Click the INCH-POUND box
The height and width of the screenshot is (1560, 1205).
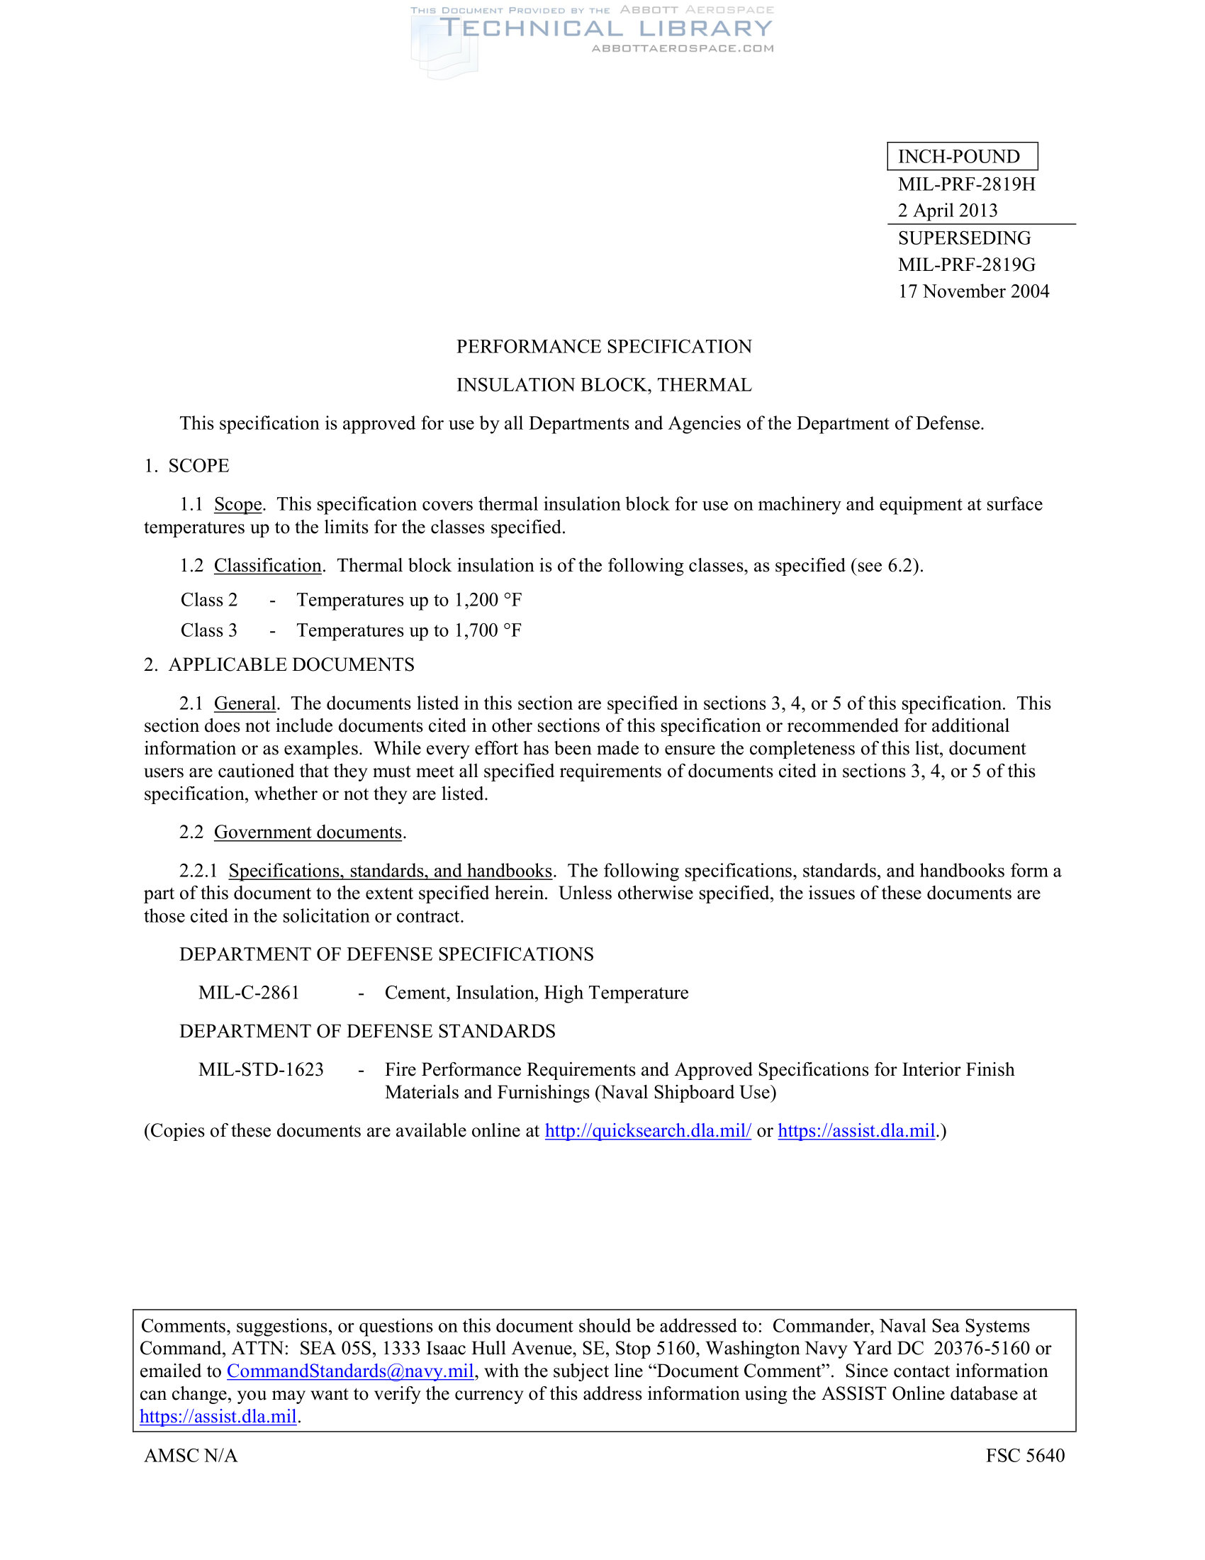pos(962,157)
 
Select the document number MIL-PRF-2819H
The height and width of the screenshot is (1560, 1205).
pos(966,184)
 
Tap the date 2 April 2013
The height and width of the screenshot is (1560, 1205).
pos(947,211)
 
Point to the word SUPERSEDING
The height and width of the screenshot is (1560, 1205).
pos(964,238)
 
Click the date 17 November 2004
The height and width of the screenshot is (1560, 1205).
pos(973,291)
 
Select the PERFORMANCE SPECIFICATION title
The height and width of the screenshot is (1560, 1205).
pos(603,347)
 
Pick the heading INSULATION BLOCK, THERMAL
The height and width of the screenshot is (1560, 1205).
pos(603,385)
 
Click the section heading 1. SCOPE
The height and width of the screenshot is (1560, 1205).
pos(186,466)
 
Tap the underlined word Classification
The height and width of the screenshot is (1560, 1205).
pos(268,566)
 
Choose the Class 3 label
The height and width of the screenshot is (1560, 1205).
pos(208,630)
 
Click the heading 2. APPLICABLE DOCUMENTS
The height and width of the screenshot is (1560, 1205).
pos(279,665)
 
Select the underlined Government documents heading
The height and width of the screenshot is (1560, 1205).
pos(308,833)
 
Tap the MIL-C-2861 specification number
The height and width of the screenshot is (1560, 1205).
pos(248,993)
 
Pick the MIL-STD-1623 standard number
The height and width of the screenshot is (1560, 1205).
pos(261,1070)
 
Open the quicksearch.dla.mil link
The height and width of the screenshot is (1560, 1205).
pos(647,1131)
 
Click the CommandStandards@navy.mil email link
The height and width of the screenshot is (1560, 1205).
pos(349,1371)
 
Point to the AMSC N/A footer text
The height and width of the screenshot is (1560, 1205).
pos(191,1456)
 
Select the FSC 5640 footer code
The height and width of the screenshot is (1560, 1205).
pos(1024,1456)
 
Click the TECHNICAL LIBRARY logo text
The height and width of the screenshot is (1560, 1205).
pos(605,28)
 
